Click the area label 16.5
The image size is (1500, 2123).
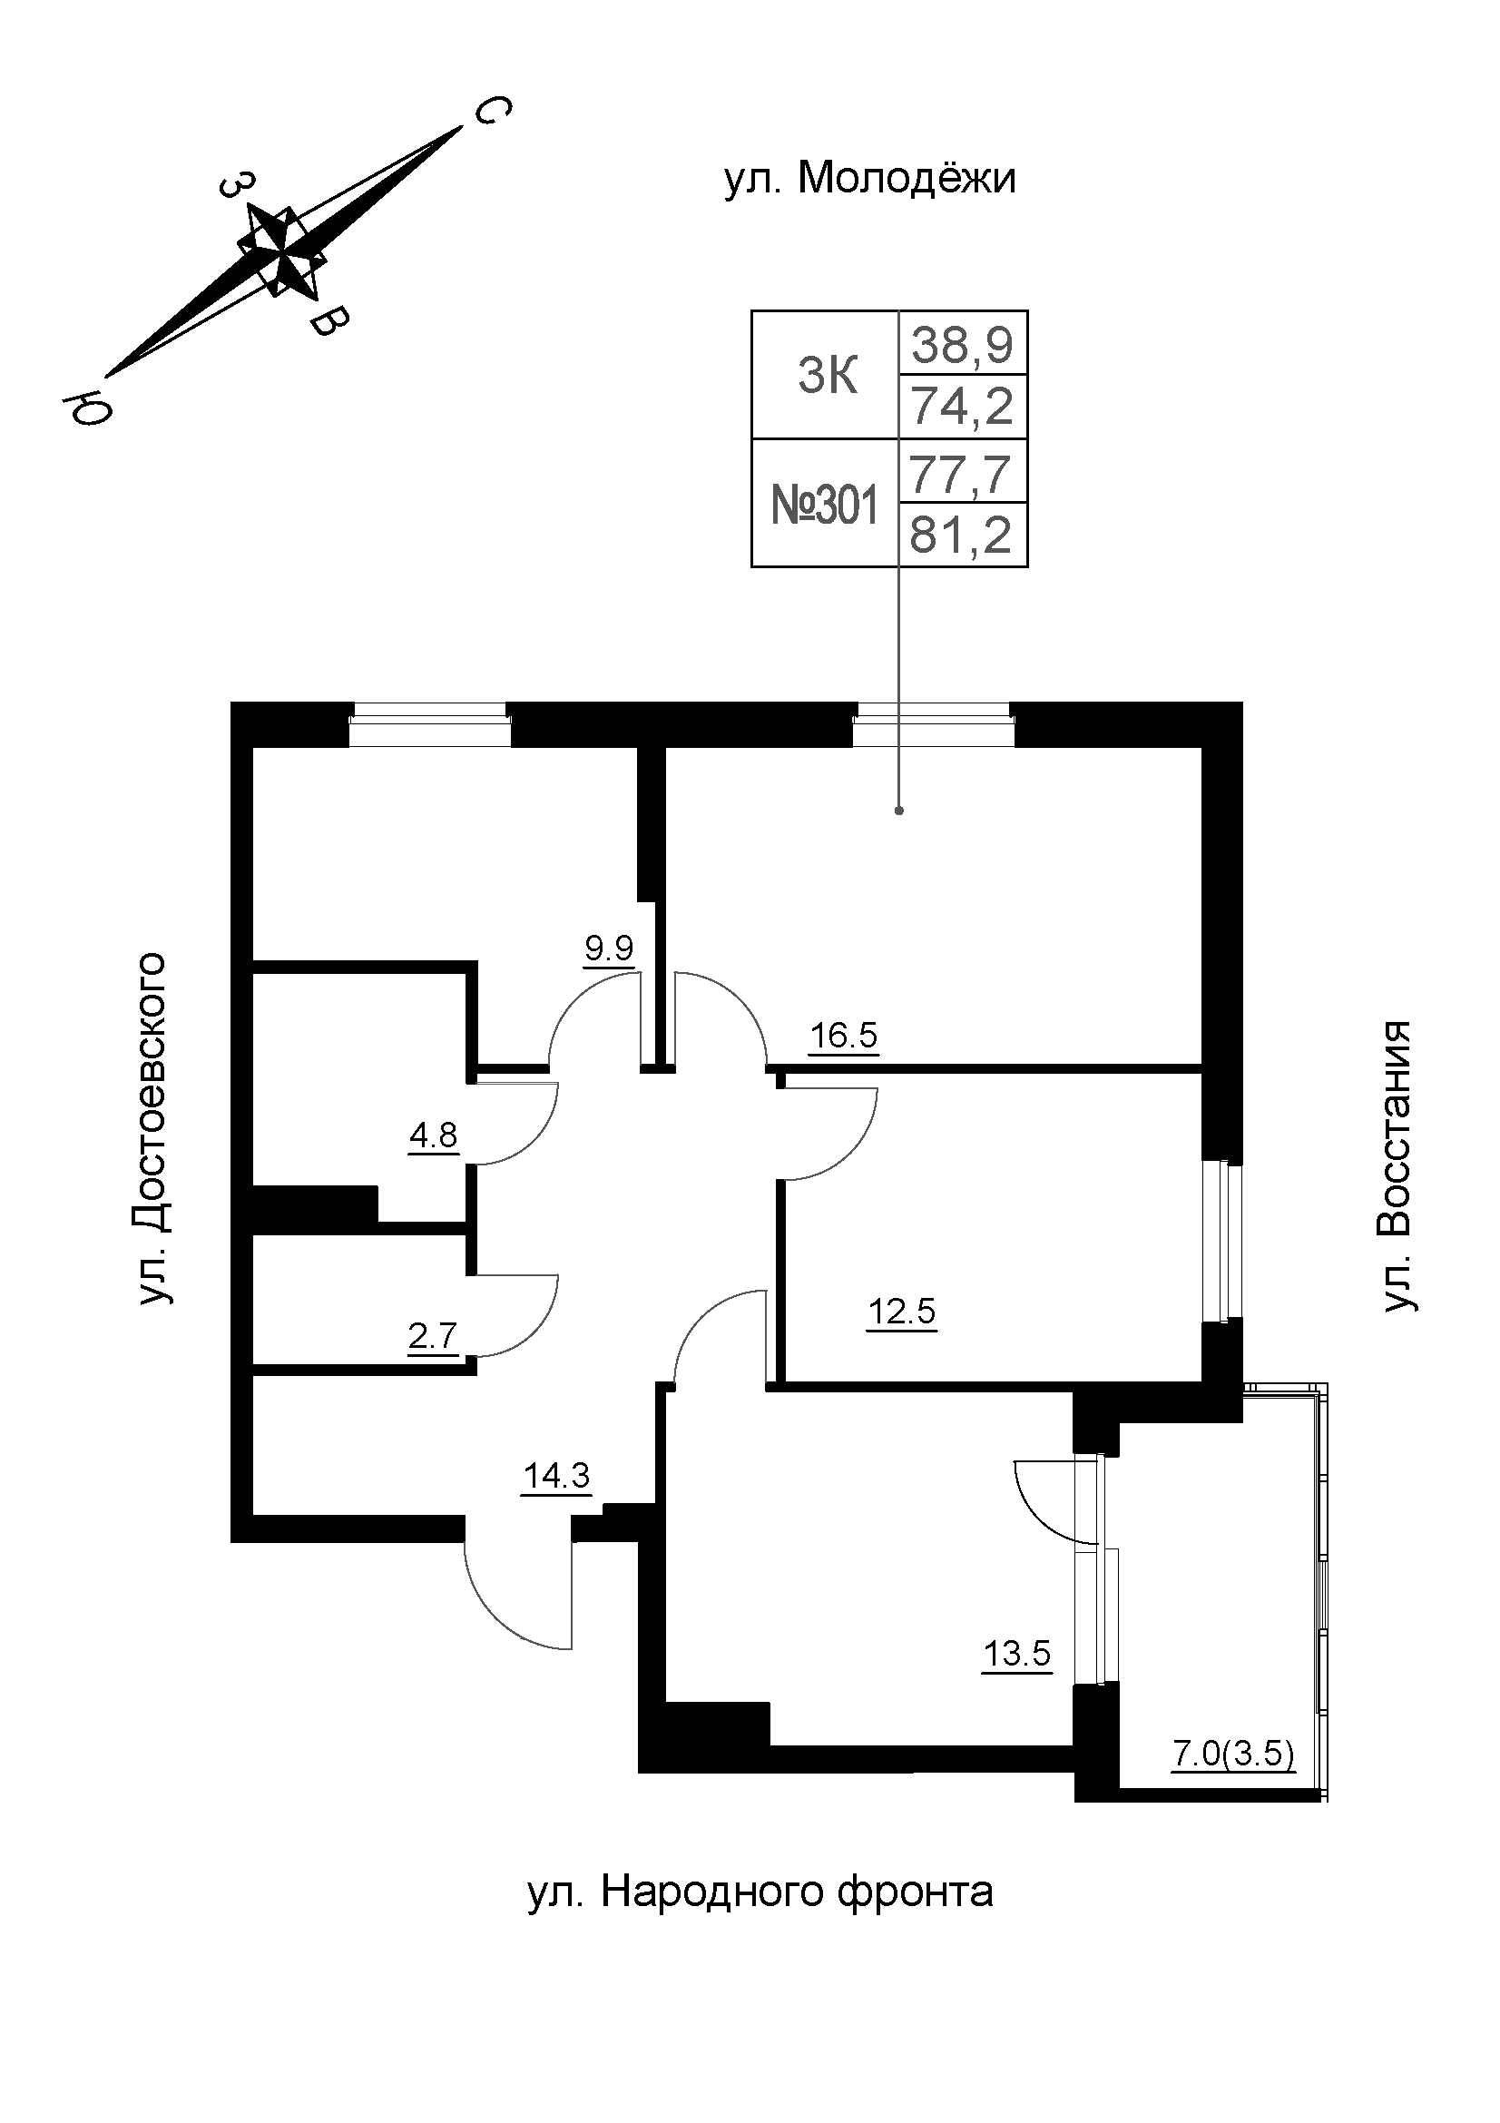click(843, 1036)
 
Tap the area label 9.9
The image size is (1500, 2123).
click(609, 948)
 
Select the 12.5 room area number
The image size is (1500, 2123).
click(902, 1312)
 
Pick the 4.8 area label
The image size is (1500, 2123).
click(434, 1135)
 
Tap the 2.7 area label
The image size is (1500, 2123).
click(434, 1336)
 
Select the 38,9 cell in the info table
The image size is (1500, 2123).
click(962, 345)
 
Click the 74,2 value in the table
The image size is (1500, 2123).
click(962, 407)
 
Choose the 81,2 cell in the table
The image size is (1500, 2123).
click(962, 536)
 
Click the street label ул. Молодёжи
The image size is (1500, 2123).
click(868, 179)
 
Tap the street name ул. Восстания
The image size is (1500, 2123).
click(1396, 1165)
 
